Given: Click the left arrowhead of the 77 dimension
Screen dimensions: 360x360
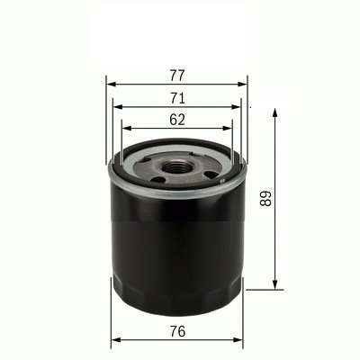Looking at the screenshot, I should [x=110, y=81].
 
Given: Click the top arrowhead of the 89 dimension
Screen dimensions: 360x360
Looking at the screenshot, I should [x=273, y=112].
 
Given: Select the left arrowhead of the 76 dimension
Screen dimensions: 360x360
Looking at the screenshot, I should [x=113, y=342].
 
